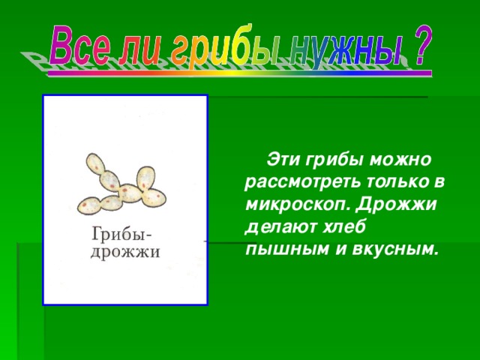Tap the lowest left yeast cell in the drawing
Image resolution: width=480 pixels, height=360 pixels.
coord(89,204)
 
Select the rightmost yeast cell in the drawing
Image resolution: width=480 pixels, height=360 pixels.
coord(155,197)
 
